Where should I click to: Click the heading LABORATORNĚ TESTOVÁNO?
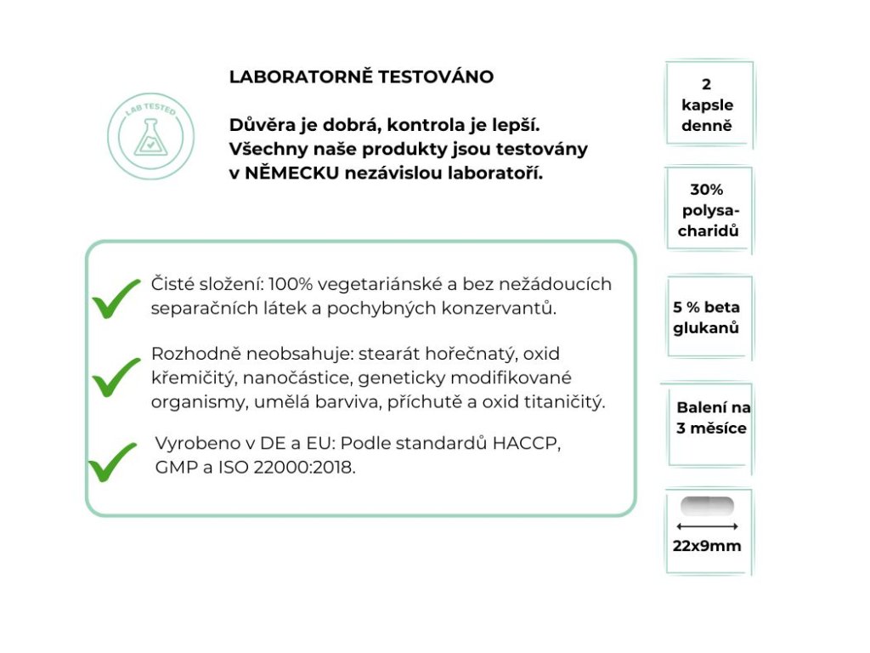[361, 77]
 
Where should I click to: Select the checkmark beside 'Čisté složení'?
[116, 298]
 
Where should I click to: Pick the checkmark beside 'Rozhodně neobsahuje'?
[116, 377]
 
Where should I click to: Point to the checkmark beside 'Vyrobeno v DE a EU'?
[112, 461]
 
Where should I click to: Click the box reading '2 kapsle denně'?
[708, 105]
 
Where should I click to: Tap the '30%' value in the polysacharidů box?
[707, 190]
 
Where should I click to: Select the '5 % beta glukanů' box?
[707, 317]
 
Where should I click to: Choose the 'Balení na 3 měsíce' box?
[712, 417]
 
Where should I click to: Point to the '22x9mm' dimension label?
[707, 546]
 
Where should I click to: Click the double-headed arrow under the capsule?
[708, 526]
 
